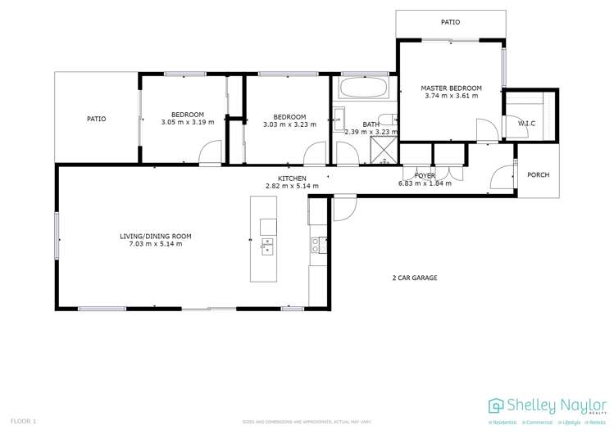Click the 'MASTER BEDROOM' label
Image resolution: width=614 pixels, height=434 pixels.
[x=451, y=88]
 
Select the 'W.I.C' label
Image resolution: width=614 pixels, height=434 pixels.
[x=526, y=124]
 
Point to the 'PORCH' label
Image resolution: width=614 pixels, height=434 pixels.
[x=538, y=174]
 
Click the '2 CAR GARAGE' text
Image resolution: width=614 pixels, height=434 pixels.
[x=414, y=278]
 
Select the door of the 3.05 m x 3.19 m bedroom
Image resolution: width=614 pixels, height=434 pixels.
[x=210, y=151]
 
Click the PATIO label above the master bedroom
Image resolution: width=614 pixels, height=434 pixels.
[x=450, y=23]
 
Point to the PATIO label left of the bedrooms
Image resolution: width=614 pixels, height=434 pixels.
[x=96, y=119]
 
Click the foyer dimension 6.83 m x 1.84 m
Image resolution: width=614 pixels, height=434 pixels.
[x=425, y=183]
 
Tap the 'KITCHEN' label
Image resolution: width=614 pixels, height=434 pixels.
[x=292, y=178]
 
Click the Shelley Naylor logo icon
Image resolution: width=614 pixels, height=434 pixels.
[x=496, y=405]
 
